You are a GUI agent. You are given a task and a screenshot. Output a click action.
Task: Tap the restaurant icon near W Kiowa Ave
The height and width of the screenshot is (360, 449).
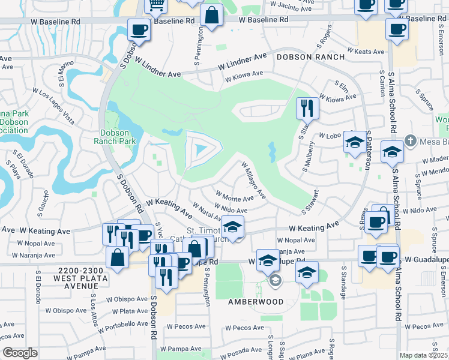click(x=307, y=108)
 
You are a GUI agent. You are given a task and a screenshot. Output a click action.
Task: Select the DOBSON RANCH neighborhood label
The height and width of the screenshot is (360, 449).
click(x=310, y=57)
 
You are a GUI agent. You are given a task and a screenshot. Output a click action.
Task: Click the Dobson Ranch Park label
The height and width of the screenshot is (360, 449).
click(x=115, y=136)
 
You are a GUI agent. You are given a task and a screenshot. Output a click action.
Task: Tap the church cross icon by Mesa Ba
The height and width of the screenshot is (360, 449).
click(x=410, y=140)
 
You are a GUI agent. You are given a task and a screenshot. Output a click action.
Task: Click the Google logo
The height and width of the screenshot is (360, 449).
click(x=20, y=352)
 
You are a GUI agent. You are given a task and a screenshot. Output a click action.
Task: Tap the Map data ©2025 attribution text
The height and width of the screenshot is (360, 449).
click(x=424, y=355)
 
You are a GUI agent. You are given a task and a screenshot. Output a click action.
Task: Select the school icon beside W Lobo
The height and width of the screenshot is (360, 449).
click(x=354, y=142)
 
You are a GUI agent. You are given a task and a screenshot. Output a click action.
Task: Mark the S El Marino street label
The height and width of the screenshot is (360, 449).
click(x=62, y=71)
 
